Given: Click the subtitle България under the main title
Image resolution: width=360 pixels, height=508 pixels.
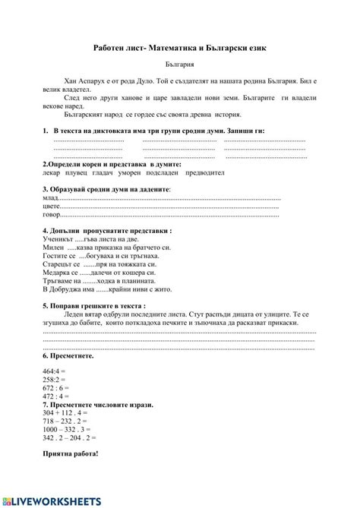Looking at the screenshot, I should pyautogui.click(x=179, y=65).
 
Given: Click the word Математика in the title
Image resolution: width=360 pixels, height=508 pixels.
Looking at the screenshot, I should pyautogui.click(x=172, y=47).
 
